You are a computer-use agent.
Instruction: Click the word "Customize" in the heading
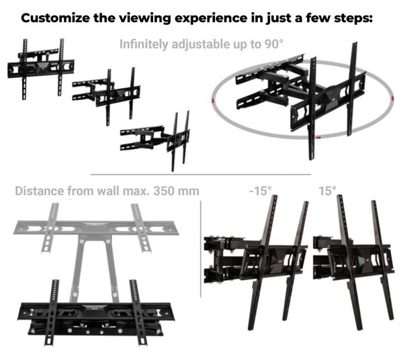[55, 18]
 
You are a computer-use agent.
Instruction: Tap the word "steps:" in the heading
[353, 19]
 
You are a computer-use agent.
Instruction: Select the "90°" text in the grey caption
[274, 44]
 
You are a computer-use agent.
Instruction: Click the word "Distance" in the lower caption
[40, 191]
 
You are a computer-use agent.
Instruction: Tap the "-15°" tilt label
[260, 191]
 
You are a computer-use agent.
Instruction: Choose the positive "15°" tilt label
[328, 191]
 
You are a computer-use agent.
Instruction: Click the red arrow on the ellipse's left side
[212, 101]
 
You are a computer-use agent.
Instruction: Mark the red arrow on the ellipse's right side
[392, 99]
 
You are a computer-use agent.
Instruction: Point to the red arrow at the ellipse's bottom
[318, 138]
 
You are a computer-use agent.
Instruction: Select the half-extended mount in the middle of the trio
[106, 96]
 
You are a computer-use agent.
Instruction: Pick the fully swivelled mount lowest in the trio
[155, 140]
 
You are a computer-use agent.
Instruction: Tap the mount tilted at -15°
[256, 261]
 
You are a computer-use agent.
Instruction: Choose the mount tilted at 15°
[353, 261]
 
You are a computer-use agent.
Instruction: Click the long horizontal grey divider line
[200, 175]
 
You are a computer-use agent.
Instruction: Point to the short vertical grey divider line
[201, 249]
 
